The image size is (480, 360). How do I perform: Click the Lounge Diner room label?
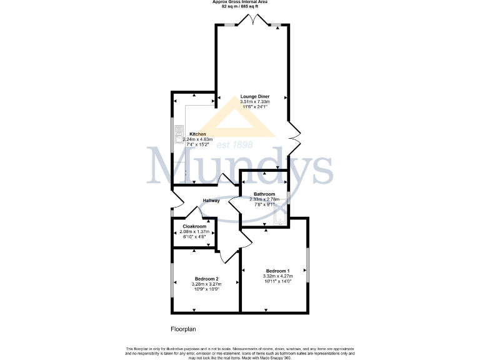255,96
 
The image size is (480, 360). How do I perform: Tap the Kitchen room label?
198,134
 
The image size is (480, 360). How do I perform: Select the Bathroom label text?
264,194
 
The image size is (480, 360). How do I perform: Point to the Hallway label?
211,201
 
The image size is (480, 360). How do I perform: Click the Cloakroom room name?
194,226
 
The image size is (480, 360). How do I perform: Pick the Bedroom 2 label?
206,279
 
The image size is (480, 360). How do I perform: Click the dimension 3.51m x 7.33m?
255,102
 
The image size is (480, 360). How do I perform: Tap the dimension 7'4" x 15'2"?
197,144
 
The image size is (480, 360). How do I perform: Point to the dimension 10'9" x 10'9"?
206,289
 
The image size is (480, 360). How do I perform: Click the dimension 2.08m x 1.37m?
194,231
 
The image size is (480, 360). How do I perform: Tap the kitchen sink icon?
177,135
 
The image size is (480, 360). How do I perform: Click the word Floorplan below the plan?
184,328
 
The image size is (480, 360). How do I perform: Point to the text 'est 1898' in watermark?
234,145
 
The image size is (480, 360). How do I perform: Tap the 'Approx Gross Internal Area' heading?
239,2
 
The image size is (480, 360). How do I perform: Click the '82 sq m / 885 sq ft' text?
239,7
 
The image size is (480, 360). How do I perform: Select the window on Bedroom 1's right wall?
307,266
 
